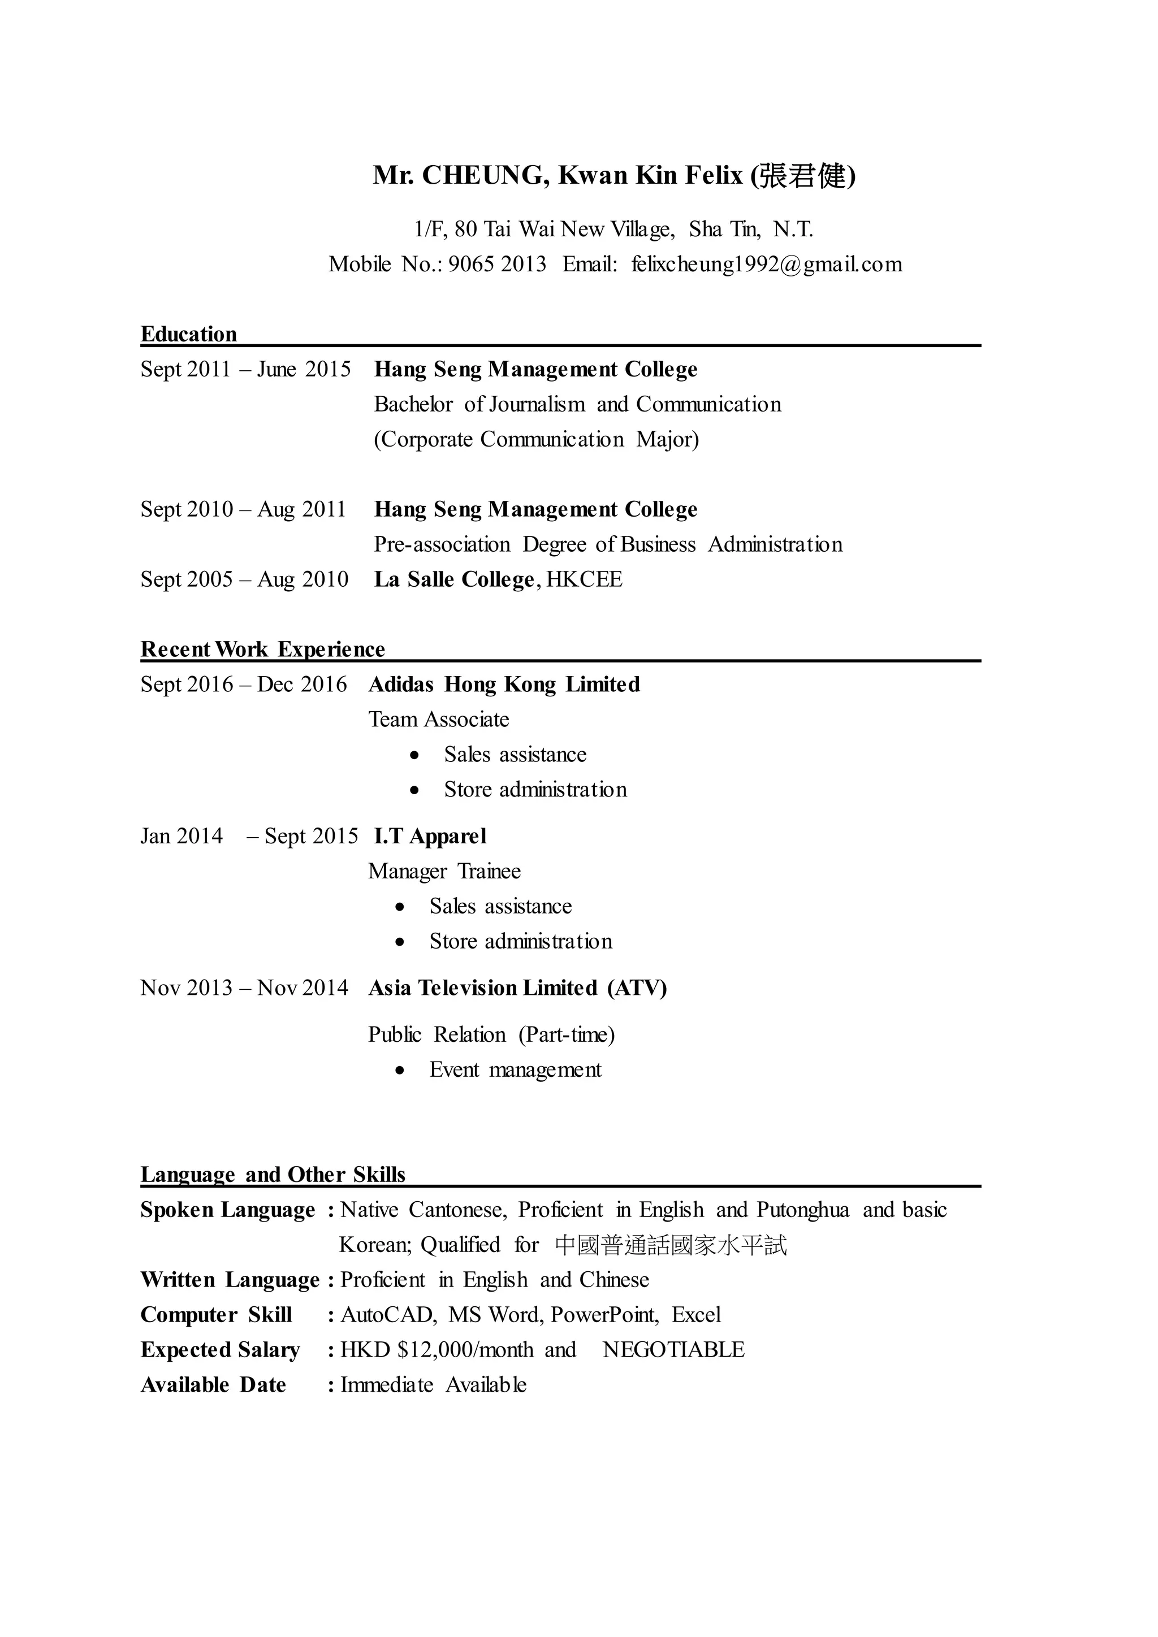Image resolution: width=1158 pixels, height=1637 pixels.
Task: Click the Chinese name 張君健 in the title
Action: click(801, 175)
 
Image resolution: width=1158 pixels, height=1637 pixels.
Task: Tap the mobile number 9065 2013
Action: click(497, 265)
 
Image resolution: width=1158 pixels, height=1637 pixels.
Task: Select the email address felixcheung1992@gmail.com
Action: click(767, 265)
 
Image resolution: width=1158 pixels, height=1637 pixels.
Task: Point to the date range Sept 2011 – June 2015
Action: click(245, 369)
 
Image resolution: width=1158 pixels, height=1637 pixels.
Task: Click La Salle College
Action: click(453, 579)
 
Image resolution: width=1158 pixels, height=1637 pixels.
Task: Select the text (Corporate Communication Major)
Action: click(536, 439)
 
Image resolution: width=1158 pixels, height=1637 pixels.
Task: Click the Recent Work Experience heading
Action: click(262, 649)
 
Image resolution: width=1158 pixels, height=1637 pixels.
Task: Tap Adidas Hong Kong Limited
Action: click(503, 685)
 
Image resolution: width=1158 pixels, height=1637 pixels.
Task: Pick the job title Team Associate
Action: click(439, 720)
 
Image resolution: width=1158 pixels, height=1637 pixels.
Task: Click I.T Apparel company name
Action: click(430, 837)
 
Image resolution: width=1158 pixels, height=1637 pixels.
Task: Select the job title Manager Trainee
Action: click(444, 871)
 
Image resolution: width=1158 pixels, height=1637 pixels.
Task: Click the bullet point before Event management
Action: click(401, 1070)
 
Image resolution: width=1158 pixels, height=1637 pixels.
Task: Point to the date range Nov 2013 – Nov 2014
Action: click(244, 988)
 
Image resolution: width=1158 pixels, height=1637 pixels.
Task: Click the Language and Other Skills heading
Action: click(273, 1174)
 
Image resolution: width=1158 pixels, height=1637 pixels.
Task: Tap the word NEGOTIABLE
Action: click(673, 1350)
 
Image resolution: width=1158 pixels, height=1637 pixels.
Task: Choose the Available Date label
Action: click(213, 1384)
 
